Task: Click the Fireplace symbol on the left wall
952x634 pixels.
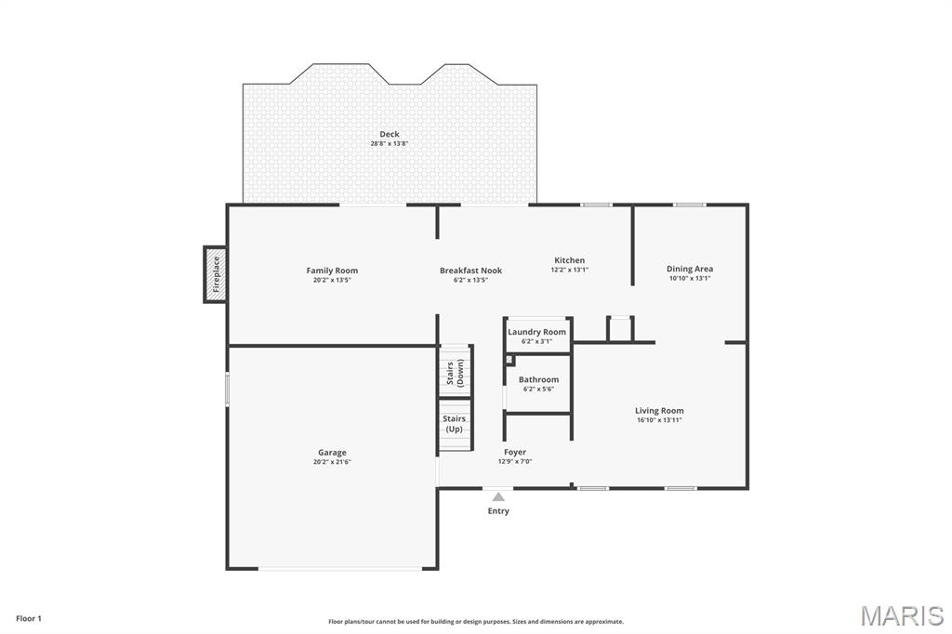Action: (x=216, y=274)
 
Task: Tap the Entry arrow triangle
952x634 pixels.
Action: (x=498, y=497)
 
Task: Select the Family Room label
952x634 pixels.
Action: (x=332, y=271)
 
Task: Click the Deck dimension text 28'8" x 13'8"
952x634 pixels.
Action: (x=389, y=144)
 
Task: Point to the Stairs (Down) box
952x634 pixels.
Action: (x=456, y=372)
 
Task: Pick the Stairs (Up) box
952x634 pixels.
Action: (x=455, y=425)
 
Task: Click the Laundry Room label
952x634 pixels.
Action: (x=536, y=332)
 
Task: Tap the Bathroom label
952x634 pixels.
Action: (x=538, y=379)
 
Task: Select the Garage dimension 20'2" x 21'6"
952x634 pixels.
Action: (x=332, y=462)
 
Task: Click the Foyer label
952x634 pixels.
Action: (x=515, y=452)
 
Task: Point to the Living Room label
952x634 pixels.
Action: (x=659, y=410)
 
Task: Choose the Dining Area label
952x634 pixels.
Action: (x=690, y=269)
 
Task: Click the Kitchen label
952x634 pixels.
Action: (x=569, y=260)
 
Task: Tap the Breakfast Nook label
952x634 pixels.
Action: (x=470, y=271)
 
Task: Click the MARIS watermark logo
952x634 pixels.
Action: (x=902, y=615)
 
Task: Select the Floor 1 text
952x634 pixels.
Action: (x=29, y=618)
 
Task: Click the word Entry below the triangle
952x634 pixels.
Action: (x=498, y=511)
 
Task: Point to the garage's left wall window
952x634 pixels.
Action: (x=228, y=389)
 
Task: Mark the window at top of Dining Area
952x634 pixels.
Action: (x=689, y=205)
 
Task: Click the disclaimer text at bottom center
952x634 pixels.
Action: (x=476, y=622)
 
